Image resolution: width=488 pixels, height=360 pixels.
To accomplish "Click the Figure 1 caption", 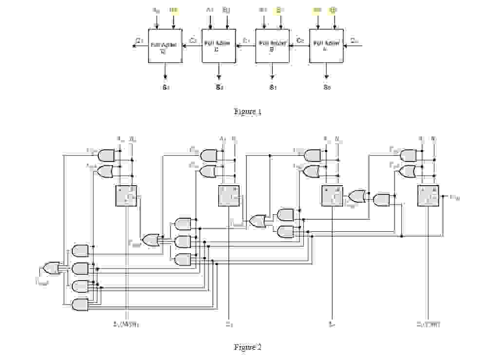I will (247, 112).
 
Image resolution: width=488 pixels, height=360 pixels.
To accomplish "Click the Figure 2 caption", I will (247, 347).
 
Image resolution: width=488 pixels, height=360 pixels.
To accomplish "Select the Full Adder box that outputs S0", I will (326, 46).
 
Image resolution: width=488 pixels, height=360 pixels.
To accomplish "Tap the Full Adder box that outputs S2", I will (219, 46).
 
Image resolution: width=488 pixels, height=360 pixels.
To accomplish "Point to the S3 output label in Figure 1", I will (166, 88).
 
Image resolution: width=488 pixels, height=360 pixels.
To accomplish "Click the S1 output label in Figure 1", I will (272, 88).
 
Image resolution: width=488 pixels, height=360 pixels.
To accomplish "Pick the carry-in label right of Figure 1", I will (354, 40).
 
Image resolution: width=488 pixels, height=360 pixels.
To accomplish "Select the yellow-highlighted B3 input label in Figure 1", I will (173, 10).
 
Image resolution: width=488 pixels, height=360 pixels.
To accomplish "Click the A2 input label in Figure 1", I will (210, 10).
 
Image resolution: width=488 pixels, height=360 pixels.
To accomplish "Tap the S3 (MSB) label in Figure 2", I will (126, 324).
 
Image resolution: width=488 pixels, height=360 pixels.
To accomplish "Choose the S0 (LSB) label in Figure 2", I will (429, 324).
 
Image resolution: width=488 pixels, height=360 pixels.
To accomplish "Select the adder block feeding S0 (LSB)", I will (429, 196).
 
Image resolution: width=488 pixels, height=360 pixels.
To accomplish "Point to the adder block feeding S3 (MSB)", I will (126, 196).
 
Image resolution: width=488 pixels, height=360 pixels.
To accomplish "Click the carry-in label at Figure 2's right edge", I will (454, 197).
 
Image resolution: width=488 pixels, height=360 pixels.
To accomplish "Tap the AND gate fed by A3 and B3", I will (106, 155).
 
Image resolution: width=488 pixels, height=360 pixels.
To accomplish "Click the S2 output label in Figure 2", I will (228, 324).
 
